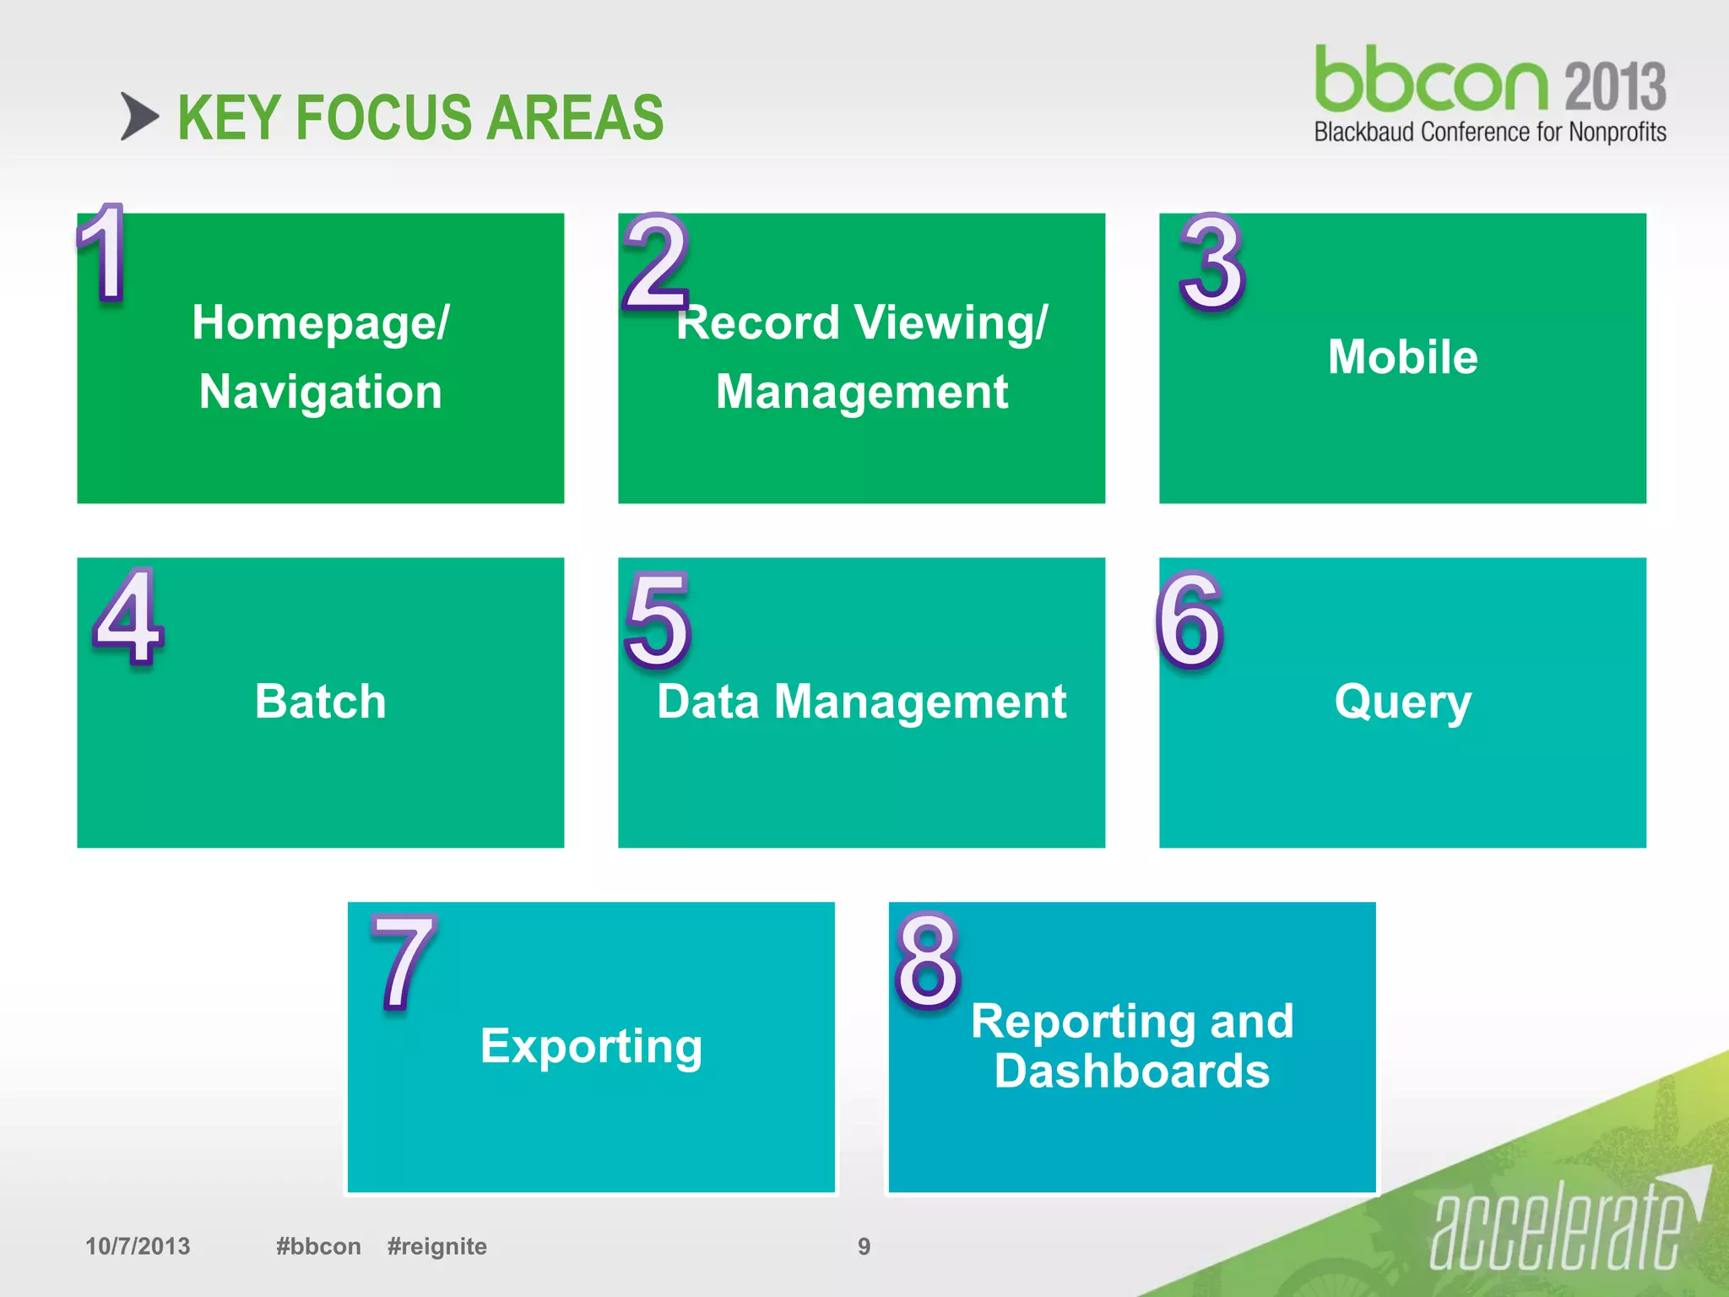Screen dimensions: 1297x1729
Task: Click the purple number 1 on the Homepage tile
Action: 103,252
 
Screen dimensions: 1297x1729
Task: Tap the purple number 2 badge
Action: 656,262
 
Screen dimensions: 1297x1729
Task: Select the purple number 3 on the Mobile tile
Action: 1211,263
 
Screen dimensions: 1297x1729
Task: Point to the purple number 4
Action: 128,616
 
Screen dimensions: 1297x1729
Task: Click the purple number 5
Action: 658,620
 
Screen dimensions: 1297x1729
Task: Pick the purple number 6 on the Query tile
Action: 1189,620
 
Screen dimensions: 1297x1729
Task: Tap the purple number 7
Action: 404,963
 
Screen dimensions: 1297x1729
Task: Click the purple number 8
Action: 927,962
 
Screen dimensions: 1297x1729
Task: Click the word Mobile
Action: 1402,356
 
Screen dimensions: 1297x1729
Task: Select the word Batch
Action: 321,701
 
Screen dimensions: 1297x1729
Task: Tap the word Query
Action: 1402,702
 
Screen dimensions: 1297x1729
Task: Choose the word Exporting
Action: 591,1046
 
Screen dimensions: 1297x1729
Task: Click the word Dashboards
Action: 1131,1071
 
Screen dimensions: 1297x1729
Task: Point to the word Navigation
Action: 321,392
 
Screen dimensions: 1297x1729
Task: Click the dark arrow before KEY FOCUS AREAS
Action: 139,117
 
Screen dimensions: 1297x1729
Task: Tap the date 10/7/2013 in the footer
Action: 138,1246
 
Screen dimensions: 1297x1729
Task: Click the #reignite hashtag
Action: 436,1246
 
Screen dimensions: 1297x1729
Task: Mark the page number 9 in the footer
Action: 864,1246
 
